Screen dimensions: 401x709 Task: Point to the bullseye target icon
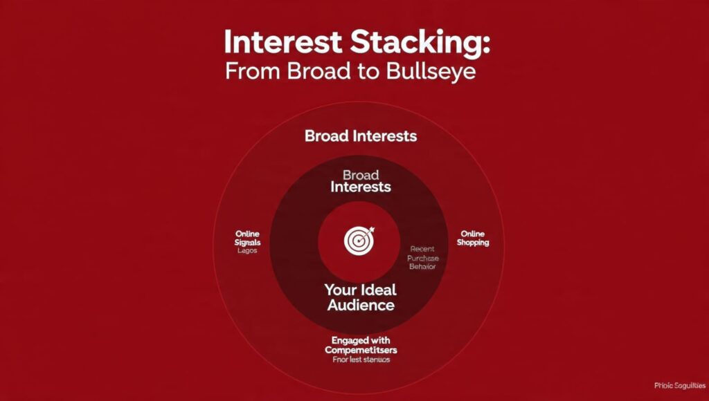(x=359, y=240)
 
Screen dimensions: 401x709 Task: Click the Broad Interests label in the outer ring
(x=361, y=136)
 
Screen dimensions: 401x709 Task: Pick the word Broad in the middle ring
(x=361, y=175)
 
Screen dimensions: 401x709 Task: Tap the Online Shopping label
(x=473, y=239)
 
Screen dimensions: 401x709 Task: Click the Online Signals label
(x=246, y=239)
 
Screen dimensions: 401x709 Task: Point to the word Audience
(x=360, y=305)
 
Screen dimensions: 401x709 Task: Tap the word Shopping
(x=473, y=243)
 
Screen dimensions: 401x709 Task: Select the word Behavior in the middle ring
(x=422, y=267)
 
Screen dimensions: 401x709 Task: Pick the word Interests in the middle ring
(x=361, y=187)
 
